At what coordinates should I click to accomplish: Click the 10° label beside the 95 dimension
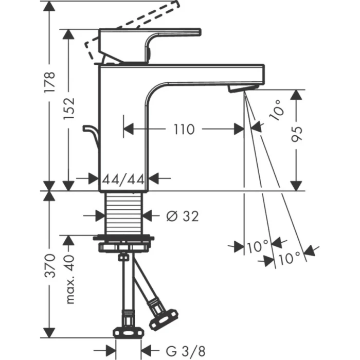coord(276,110)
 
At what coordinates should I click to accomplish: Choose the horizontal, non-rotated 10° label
coord(257,246)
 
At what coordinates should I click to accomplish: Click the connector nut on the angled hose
coord(163,317)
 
